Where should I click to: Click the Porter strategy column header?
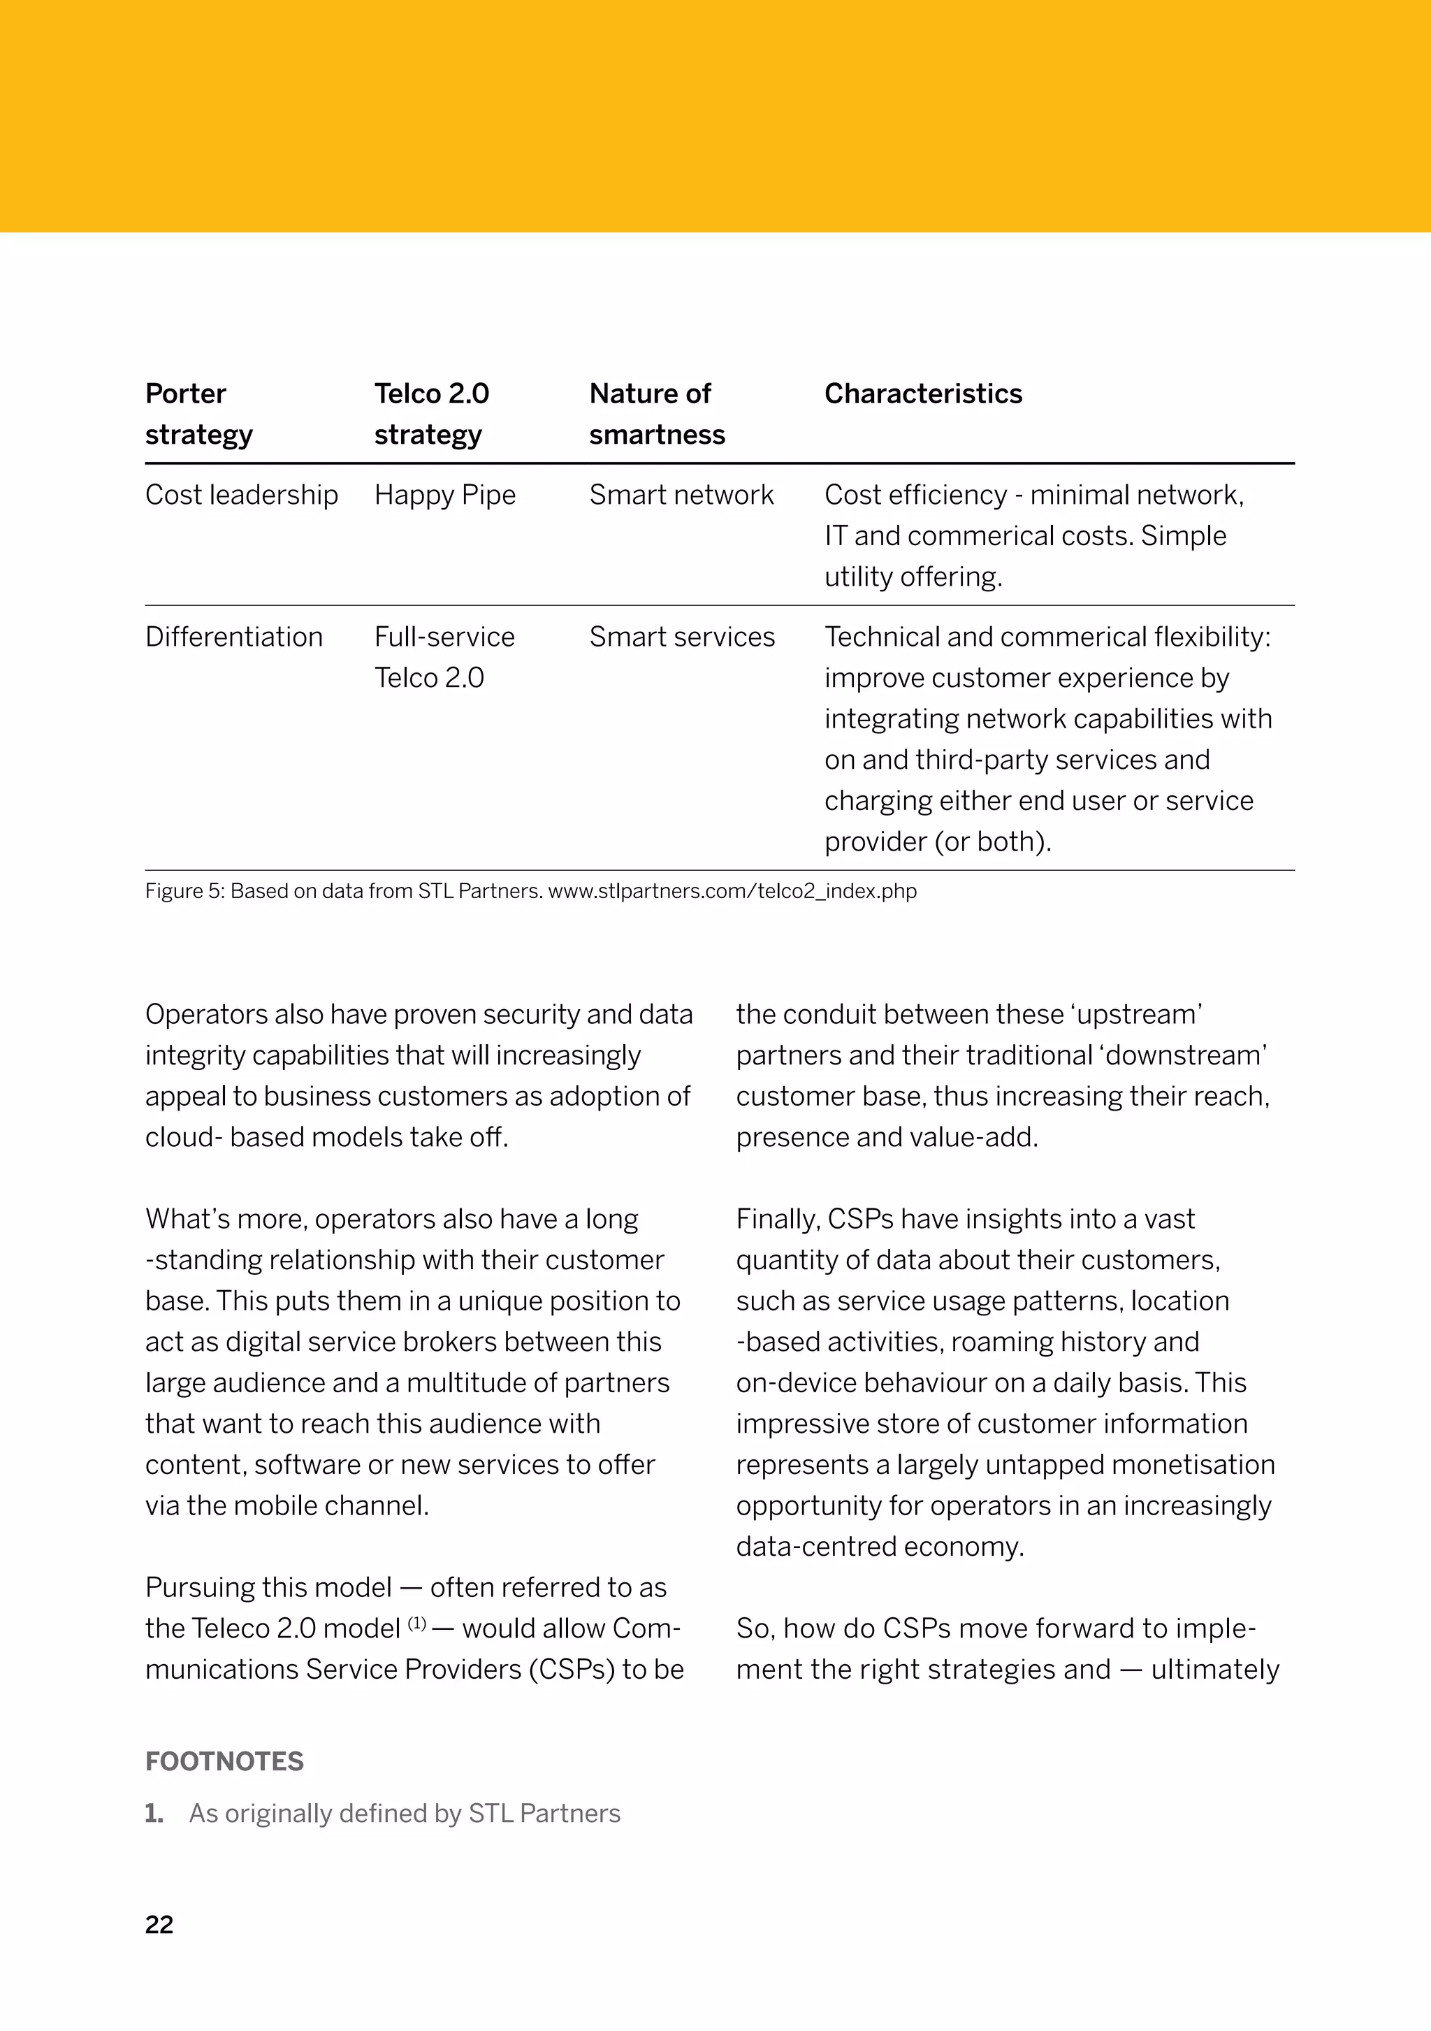pyautogui.click(x=198, y=414)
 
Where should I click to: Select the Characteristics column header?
pyautogui.click(x=922, y=393)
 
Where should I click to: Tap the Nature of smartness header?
pyautogui.click(x=656, y=414)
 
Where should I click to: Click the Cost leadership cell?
pyautogui.click(x=242, y=495)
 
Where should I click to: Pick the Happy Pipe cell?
pyautogui.click(x=445, y=495)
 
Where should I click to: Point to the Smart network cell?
pyautogui.click(x=681, y=495)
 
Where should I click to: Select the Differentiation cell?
pyautogui.click(x=233, y=637)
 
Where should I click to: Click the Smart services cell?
pyautogui.click(x=682, y=637)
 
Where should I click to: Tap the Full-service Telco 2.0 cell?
pyautogui.click(x=444, y=657)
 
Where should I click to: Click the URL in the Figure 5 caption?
pyautogui.click(x=732, y=891)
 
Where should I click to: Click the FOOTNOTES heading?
pyautogui.click(x=224, y=1761)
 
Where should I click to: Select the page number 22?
pyautogui.click(x=159, y=1925)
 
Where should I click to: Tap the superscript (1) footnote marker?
pyautogui.click(x=416, y=1624)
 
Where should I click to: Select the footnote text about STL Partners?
pyautogui.click(x=404, y=1814)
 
